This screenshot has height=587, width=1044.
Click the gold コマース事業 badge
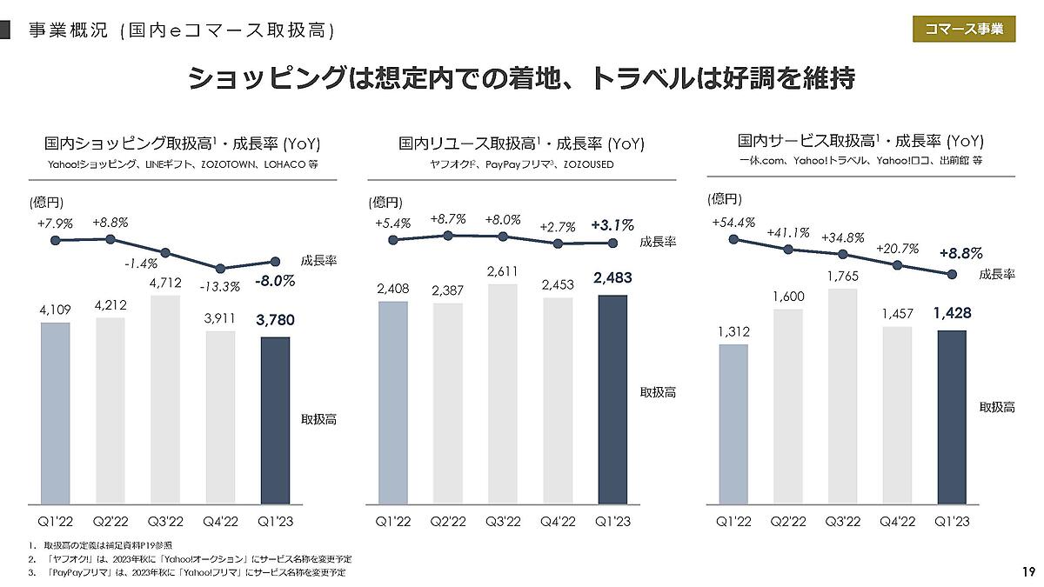click(963, 29)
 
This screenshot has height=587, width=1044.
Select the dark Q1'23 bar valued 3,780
click(275, 420)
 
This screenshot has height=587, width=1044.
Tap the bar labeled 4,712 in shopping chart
click(165, 399)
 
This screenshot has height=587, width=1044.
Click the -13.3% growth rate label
click(217, 288)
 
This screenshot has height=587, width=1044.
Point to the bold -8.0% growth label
click(275, 281)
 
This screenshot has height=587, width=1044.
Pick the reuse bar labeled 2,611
click(502, 393)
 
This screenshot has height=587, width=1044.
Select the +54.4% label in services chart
click(733, 222)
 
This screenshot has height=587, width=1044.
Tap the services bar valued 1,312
click(733, 424)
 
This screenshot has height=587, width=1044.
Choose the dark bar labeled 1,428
click(952, 417)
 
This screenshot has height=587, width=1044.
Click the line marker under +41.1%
click(788, 250)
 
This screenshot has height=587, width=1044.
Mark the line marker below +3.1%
click(612, 243)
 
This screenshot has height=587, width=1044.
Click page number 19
click(1027, 572)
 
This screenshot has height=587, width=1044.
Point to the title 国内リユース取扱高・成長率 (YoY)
click(521, 143)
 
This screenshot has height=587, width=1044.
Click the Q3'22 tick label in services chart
click(842, 521)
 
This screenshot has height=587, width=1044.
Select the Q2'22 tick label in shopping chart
click(110, 521)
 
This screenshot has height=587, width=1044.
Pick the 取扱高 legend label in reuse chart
click(658, 393)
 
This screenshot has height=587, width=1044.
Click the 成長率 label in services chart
click(996, 274)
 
